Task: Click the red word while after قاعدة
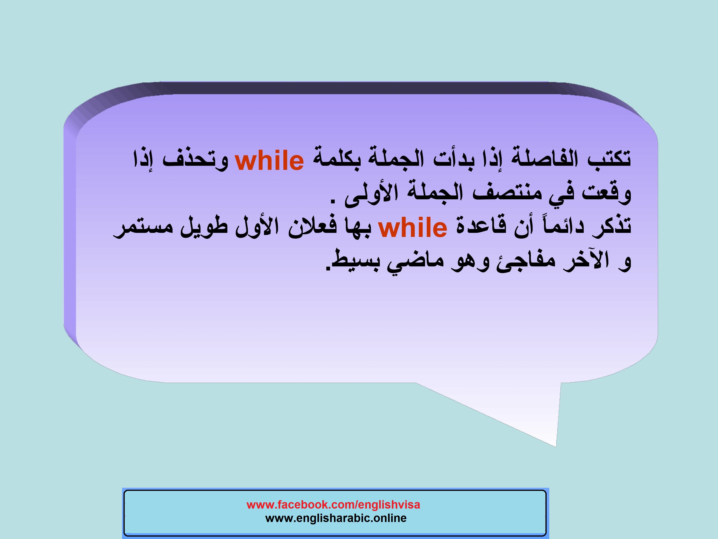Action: tap(413, 227)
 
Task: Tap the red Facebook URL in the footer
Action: tap(333, 505)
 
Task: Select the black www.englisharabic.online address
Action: tap(336, 518)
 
